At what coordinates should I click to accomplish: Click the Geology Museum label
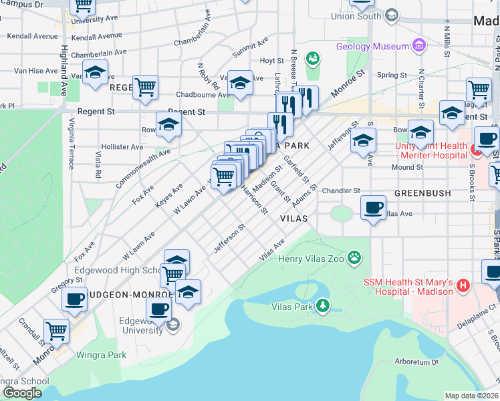(372, 46)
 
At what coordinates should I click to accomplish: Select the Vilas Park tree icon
(323, 306)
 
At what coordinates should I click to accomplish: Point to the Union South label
(356, 16)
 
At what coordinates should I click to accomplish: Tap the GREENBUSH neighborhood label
(422, 193)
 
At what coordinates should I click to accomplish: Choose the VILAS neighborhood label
(293, 219)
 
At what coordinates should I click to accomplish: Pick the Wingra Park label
(101, 355)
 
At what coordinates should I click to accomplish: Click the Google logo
(21, 393)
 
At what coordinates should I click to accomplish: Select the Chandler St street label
(341, 191)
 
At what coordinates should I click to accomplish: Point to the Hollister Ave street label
(122, 147)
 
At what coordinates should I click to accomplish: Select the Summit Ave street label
(250, 48)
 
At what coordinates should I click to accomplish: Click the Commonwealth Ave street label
(142, 168)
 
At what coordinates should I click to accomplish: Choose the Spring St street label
(388, 76)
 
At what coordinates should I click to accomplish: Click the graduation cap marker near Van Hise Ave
(95, 72)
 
